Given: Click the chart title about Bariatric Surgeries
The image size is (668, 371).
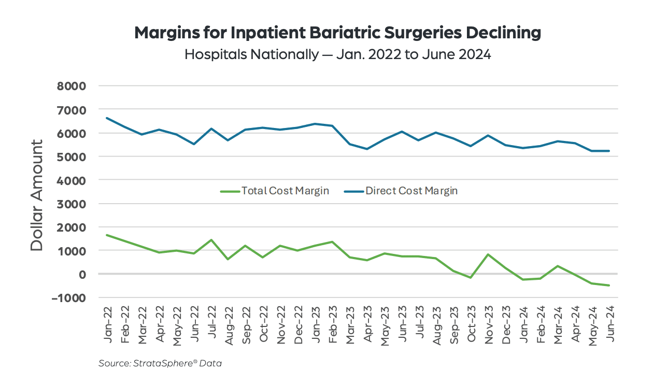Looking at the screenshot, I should pyautogui.click(x=337, y=33).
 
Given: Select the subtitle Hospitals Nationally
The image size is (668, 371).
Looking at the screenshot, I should pyautogui.click(x=337, y=54).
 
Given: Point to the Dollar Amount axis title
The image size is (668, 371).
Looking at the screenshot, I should pyautogui.click(x=37, y=195).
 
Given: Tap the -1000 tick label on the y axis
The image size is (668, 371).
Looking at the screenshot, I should pyautogui.click(x=68, y=298).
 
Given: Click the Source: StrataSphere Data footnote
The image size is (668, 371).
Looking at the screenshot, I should pyautogui.click(x=160, y=363).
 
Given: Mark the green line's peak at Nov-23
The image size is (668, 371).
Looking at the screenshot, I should pyautogui.click(x=488, y=254).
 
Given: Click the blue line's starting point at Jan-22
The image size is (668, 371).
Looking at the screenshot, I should pyautogui.click(x=107, y=118).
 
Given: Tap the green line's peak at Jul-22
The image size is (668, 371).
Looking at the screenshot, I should pyautogui.click(x=211, y=240).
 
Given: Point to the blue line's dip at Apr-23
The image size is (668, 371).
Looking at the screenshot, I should pyautogui.click(x=367, y=149).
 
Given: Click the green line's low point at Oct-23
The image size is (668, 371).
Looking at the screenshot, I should pyautogui.click(x=471, y=278).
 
